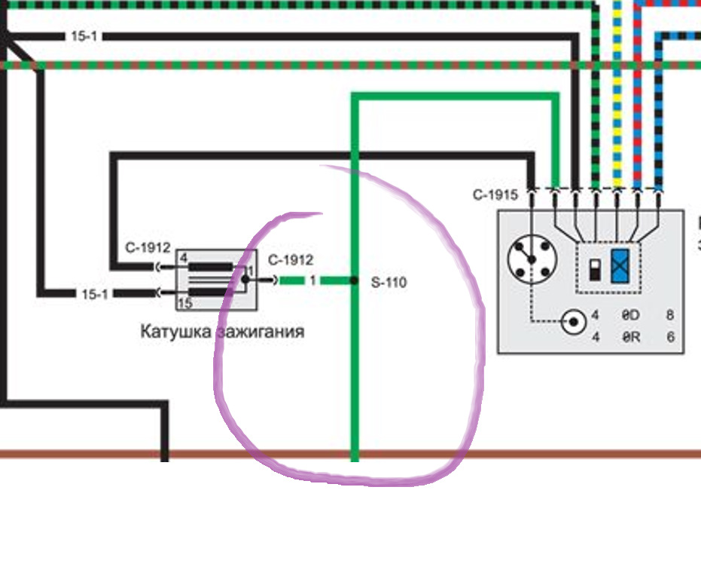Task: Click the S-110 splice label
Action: pos(389,283)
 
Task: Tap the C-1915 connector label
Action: pos(495,195)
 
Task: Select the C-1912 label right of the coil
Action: pos(290,261)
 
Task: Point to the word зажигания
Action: pos(261,331)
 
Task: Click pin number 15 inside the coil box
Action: pos(184,303)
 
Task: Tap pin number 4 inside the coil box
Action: pos(183,258)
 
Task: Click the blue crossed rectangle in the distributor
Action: pos(621,265)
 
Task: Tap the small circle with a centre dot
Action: pos(574,322)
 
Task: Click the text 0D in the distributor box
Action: pos(630,315)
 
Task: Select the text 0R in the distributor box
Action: pos(630,337)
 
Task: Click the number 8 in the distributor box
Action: pos(670,315)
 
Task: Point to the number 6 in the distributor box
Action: pos(670,337)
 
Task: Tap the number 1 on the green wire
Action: pos(312,280)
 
